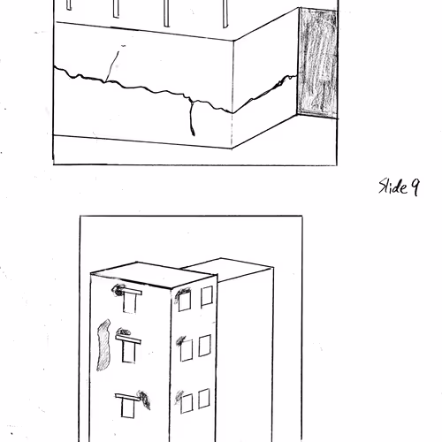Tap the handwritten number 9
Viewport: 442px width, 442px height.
[x=415, y=187]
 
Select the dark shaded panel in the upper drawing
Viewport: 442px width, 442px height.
[x=317, y=63]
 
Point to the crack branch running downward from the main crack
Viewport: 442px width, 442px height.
[x=192, y=118]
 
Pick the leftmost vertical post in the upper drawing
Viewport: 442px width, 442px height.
[x=69, y=4]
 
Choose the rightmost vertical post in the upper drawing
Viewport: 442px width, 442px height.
[x=225, y=14]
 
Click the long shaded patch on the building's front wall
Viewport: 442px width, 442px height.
[x=103, y=345]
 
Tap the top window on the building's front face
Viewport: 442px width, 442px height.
[x=130, y=303]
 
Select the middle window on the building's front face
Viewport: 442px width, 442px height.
[x=129, y=353]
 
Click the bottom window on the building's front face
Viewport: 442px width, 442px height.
[x=127, y=408]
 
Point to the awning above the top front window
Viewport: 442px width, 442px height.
[x=130, y=292]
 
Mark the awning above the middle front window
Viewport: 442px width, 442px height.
[x=128, y=339]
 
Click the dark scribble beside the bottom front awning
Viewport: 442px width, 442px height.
[x=144, y=400]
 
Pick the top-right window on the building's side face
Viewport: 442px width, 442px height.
[x=207, y=296]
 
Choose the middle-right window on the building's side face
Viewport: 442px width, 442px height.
[x=205, y=346]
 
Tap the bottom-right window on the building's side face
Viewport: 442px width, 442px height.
[x=204, y=399]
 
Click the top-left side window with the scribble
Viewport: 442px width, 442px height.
[x=185, y=301]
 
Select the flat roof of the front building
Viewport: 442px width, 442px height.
[x=153, y=275]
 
